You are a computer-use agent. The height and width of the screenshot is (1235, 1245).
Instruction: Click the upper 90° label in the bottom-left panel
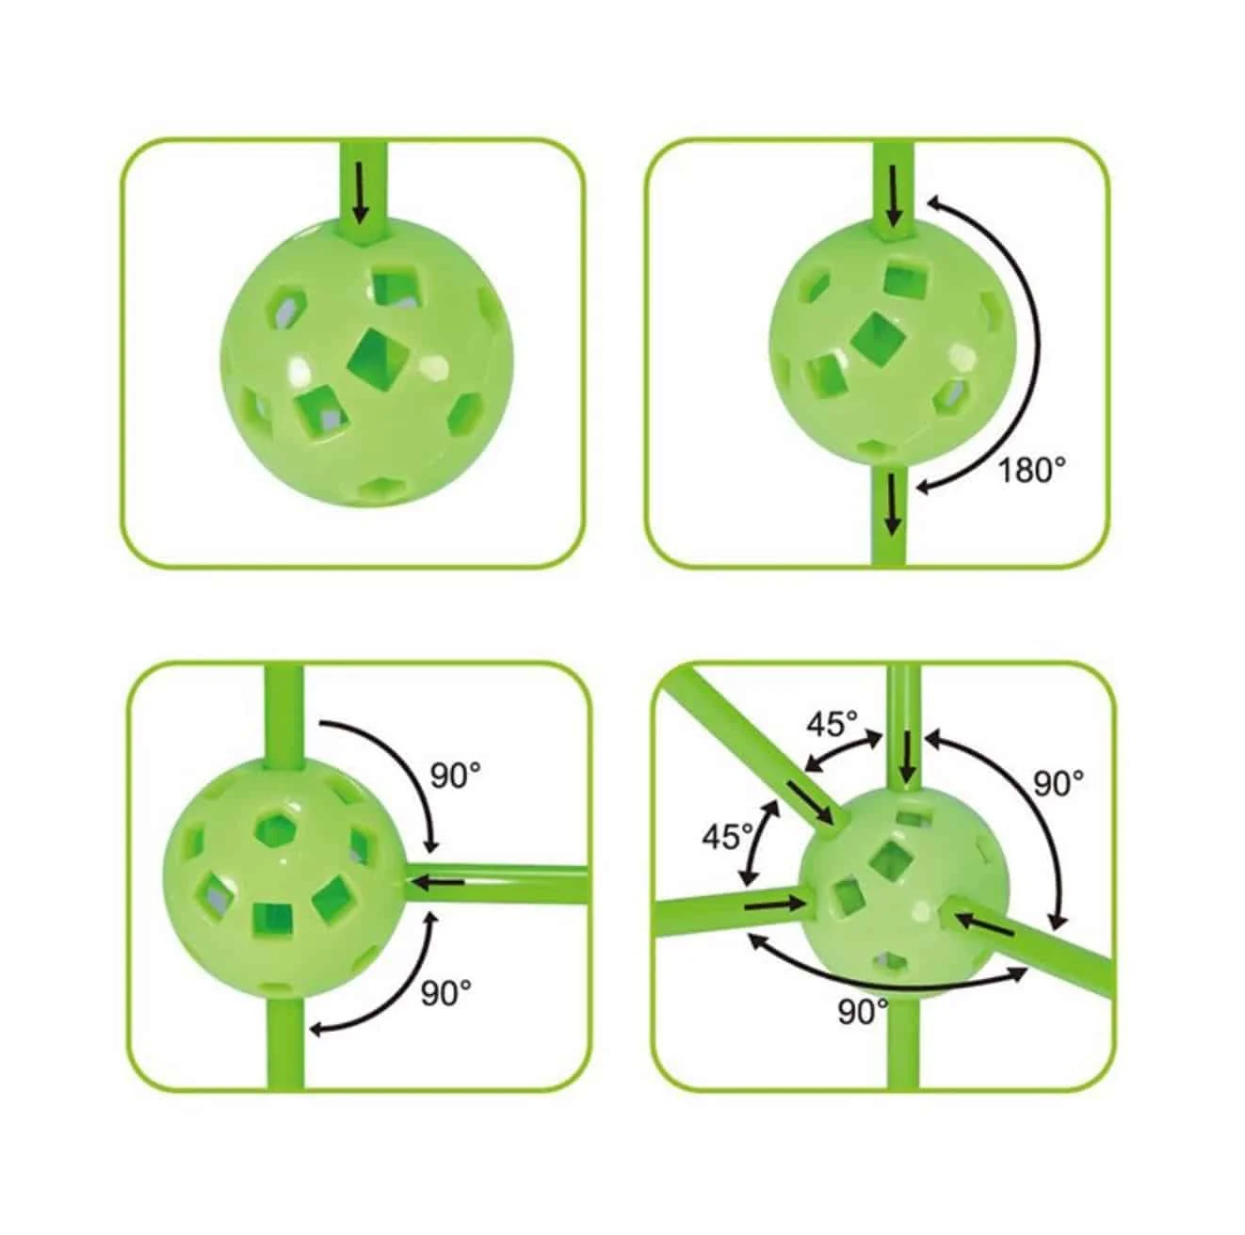456,776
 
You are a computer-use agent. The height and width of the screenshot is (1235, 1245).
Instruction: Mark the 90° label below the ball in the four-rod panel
864,1012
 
